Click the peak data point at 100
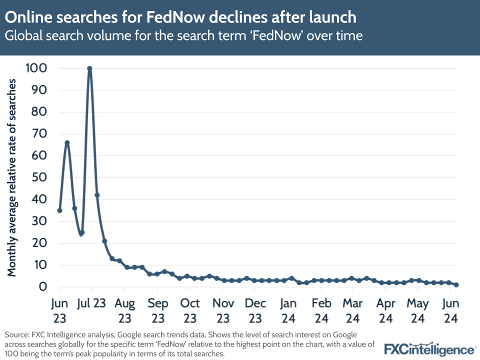pos(89,68)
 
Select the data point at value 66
pos(67,142)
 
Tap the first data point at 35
pos(59,210)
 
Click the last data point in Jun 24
pos(456,285)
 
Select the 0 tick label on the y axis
pos(44,286)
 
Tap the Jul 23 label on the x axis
pos(92,303)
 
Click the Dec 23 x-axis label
pos(255,310)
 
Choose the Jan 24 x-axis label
pos(288,310)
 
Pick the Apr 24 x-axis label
pos(385,310)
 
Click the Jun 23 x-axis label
pos(59,310)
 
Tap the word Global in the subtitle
pos(22,36)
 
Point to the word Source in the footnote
pos(16,333)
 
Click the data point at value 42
pos(97,195)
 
